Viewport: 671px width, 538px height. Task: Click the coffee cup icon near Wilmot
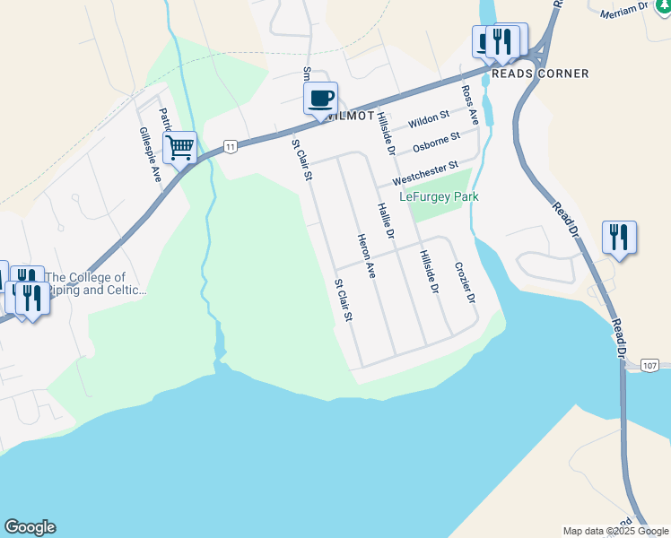pyautogui.click(x=320, y=98)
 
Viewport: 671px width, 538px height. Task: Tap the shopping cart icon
pyautogui.click(x=179, y=147)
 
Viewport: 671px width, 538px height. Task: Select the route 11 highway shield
pyautogui.click(x=231, y=146)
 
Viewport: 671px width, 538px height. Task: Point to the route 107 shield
pyautogui.click(x=651, y=366)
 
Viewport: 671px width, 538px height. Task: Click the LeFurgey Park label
pyautogui.click(x=439, y=196)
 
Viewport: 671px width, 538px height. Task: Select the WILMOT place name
pyautogui.click(x=351, y=117)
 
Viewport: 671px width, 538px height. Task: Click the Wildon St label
pyautogui.click(x=428, y=118)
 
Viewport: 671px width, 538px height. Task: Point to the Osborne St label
pyautogui.click(x=436, y=142)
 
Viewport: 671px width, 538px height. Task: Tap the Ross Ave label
pyautogui.click(x=469, y=106)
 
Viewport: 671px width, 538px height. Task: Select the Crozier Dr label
pyautogui.click(x=463, y=282)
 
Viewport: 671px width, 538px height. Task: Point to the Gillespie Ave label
pyautogui.click(x=149, y=153)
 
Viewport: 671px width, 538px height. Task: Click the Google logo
pyautogui.click(x=30, y=527)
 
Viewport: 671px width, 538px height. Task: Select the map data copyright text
pyautogui.click(x=614, y=531)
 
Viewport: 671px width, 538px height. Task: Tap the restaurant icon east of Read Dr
pyautogui.click(x=618, y=238)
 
